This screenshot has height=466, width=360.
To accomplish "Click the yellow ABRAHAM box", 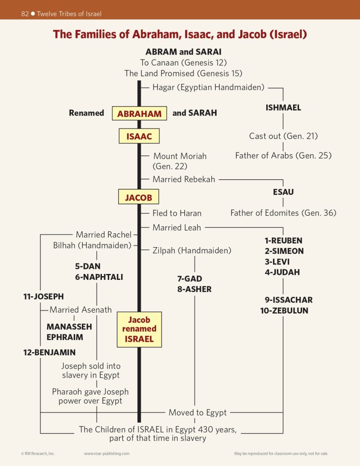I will point(139,113).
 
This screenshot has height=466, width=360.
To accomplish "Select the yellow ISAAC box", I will point(139,136).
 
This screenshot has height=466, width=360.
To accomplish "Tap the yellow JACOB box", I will point(139,198).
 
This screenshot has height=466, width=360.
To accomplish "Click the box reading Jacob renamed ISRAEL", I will point(139,329).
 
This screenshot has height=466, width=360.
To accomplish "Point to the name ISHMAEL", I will point(283,108).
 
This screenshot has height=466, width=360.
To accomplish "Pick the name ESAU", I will point(283,192).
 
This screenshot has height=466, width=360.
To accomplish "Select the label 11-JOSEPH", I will point(44,297).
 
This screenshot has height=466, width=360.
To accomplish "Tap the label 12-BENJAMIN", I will point(50,352).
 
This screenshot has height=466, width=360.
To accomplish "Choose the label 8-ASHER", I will point(194,289).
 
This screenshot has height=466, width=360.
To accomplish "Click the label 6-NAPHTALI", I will point(99,277).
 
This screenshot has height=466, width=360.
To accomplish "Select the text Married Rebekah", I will point(184,179).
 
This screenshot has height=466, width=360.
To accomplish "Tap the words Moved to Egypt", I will point(198,413).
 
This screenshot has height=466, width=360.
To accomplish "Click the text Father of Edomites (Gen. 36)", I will point(283,213).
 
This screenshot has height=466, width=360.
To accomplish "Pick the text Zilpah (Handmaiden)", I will point(192,250).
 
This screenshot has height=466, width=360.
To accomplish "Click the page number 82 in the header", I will point(25,14).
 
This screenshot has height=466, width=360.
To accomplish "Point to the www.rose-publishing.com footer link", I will point(106,454).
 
